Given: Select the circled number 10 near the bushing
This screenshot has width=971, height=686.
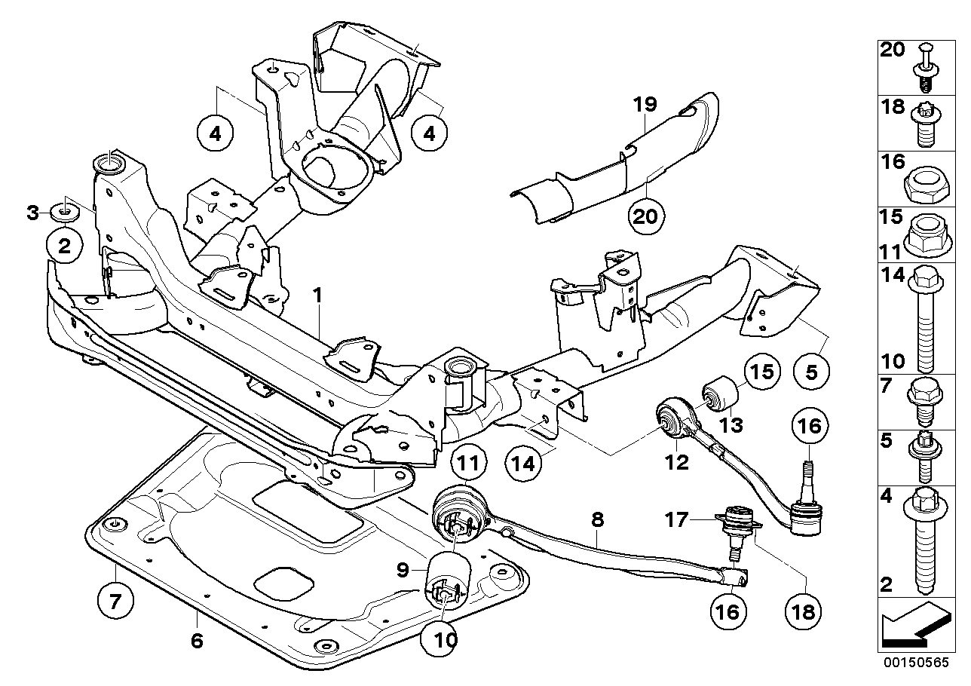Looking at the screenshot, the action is (x=445, y=640).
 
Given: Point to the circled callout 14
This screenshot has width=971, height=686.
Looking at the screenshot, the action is (x=524, y=461).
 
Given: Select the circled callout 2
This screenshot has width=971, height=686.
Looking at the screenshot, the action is (x=66, y=245).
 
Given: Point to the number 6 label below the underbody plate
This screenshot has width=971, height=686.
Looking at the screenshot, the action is (x=196, y=641).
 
